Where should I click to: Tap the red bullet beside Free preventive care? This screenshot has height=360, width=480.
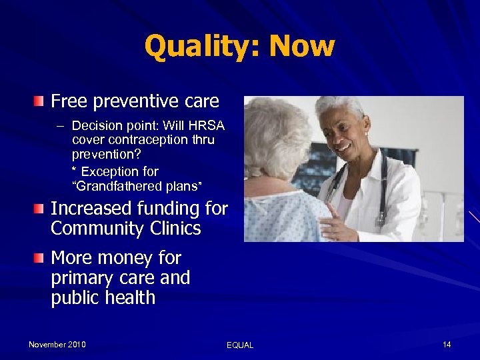(x=39, y=101)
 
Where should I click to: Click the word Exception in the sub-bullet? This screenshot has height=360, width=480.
(x=113, y=171)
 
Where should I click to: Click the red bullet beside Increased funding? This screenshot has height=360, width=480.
(x=39, y=209)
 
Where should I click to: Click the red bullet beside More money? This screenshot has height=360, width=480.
(x=39, y=257)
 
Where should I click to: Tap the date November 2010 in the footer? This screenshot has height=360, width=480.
(x=57, y=344)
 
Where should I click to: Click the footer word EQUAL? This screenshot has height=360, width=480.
(x=240, y=345)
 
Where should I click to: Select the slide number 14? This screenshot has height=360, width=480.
(x=447, y=344)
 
